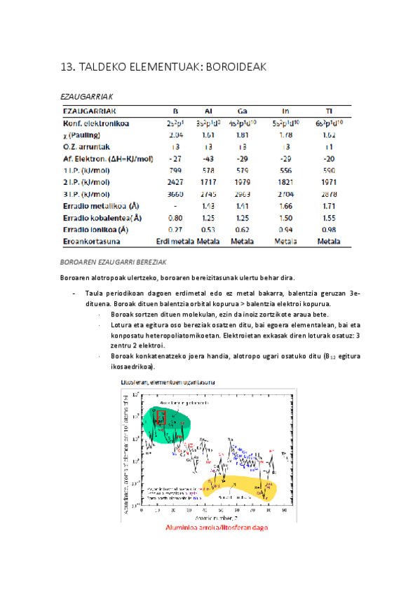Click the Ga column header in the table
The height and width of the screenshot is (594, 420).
pyautogui.click(x=241, y=111)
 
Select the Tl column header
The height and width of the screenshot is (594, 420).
pyautogui.click(x=327, y=111)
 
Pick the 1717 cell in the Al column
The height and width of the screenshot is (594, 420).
pyautogui.click(x=208, y=181)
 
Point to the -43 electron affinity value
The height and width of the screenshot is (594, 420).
pyautogui.click(x=208, y=158)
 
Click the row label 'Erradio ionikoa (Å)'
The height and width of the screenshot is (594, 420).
pyautogui.click(x=95, y=229)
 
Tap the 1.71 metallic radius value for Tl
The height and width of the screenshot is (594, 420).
pyautogui.click(x=327, y=206)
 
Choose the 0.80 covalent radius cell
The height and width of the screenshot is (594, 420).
pyautogui.click(x=177, y=217)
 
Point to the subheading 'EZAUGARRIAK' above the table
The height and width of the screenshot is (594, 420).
pyautogui.click(x=88, y=95)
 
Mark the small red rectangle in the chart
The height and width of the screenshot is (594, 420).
pyautogui.click(x=161, y=419)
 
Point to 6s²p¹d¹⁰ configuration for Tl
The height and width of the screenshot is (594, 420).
pyautogui.click(x=327, y=123)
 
